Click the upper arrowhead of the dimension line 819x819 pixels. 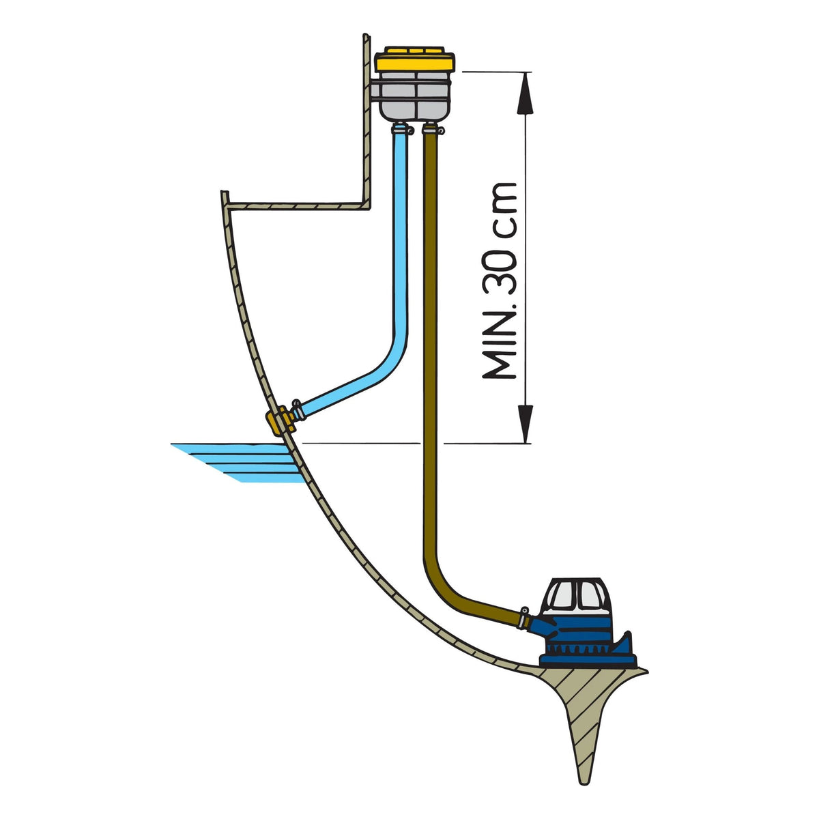[526, 93]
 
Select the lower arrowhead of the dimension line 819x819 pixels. [526, 423]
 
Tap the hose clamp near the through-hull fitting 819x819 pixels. [298, 409]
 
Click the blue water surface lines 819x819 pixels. [239, 463]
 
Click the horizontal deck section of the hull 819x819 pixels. [298, 206]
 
